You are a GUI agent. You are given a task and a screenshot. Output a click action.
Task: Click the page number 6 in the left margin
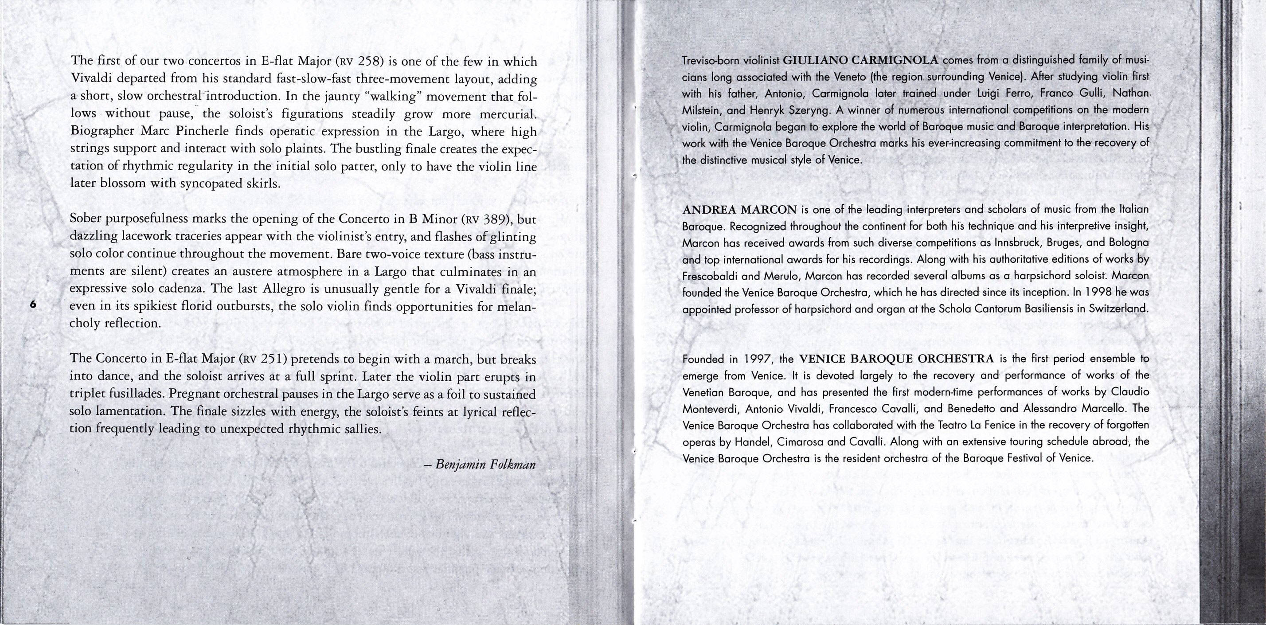pyautogui.click(x=33, y=305)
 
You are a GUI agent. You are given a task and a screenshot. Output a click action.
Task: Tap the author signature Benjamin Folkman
pyautogui.click(x=485, y=465)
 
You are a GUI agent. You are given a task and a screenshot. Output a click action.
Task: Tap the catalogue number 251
pyautogui.click(x=271, y=359)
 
